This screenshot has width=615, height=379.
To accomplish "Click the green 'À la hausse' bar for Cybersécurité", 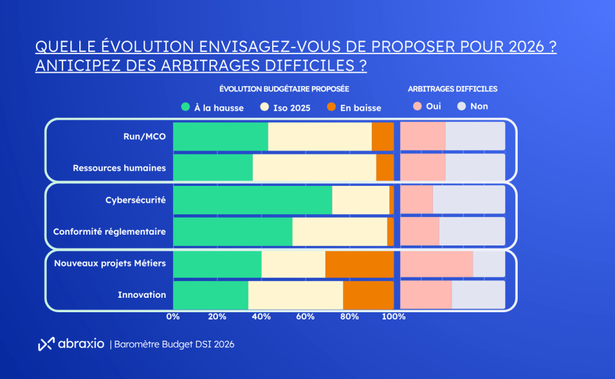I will coord(252,200).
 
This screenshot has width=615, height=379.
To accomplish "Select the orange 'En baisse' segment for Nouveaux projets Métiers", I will coord(359,263).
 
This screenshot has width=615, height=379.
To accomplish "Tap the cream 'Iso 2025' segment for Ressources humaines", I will coord(314,168).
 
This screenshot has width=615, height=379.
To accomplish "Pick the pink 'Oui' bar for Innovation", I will coord(426,295).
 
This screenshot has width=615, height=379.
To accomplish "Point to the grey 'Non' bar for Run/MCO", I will coord(475,136).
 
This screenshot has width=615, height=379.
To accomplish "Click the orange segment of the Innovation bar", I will coord(368,295).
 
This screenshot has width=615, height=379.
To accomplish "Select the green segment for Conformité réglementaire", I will coord(232,232).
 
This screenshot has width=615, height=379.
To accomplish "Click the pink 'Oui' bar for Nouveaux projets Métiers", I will coord(437,263).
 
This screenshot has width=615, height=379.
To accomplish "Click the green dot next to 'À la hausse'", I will coord(186,108).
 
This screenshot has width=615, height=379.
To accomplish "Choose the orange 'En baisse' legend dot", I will coord(331,108).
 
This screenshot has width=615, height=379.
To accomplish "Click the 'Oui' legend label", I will coord(434,106).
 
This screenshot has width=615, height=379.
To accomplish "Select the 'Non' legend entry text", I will coord(479,106).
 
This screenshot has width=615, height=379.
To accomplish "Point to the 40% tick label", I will coord(261,316).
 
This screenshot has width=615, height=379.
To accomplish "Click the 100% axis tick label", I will coord(394,316).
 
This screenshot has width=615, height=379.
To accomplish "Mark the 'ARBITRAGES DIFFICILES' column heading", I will coord(452,88).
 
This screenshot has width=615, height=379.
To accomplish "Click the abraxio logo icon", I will coord(46,344).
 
